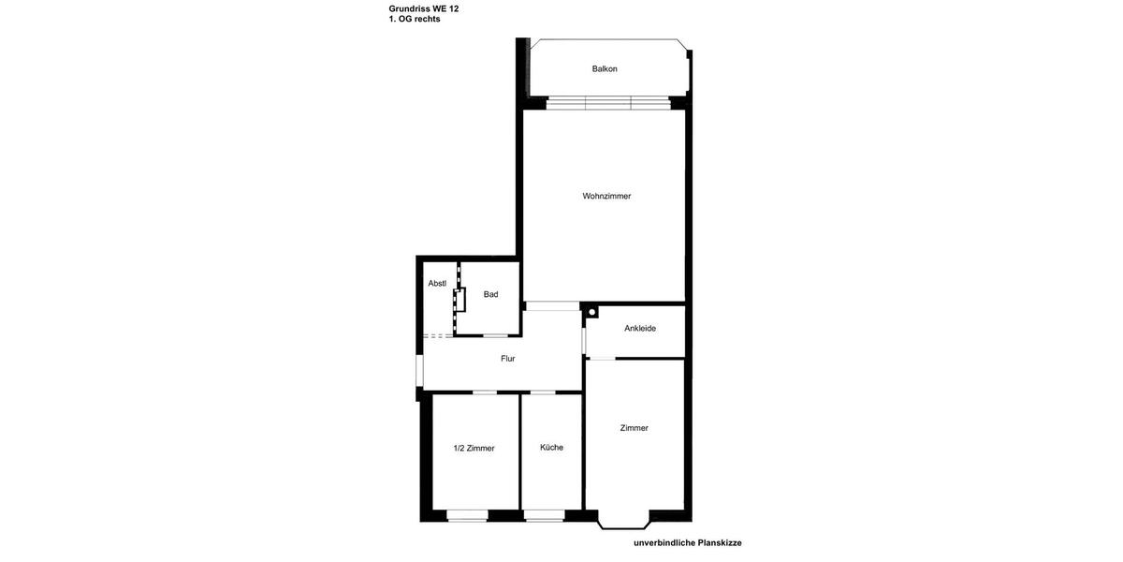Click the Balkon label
(x=605, y=68)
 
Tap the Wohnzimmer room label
(x=606, y=196)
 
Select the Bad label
(x=490, y=294)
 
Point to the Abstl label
(x=437, y=283)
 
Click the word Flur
(x=507, y=358)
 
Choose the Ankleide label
(x=640, y=328)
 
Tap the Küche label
(x=551, y=447)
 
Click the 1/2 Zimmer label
(x=474, y=448)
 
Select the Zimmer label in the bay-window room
(x=634, y=428)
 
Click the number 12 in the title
(x=454, y=8)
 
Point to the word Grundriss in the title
(x=409, y=8)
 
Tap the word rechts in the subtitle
(x=427, y=19)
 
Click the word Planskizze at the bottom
(x=720, y=542)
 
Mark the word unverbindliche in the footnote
(x=664, y=542)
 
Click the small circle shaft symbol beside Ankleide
(x=591, y=311)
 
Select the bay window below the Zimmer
(x=623, y=521)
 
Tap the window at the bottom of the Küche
(x=544, y=515)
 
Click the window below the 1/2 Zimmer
(x=467, y=515)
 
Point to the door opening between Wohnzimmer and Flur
(x=552, y=306)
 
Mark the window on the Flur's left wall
(x=420, y=369)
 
